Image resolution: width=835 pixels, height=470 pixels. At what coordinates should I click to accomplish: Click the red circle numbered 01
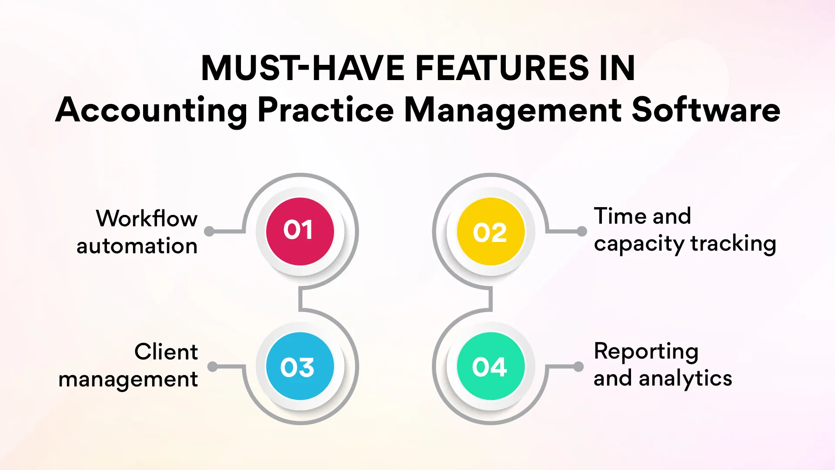tap(300, 231)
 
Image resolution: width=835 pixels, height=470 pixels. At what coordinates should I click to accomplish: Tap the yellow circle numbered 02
tap(491, 232)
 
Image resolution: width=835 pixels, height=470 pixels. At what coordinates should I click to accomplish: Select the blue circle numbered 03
tap(300, 366)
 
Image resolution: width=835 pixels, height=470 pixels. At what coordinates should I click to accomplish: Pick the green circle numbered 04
tap(491, 366)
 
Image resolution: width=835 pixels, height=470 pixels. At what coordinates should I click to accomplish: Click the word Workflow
tap(147, 218)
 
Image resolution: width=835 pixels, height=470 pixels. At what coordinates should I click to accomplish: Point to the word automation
tap(137, 246)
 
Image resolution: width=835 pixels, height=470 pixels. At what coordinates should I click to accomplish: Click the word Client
tap(166, 352)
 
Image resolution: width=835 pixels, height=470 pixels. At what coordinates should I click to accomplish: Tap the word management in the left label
tap(128, 379)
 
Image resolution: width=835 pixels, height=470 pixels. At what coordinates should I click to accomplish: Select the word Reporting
tap(646, 352)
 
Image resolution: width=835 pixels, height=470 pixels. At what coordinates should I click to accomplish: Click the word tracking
tap(733, 244)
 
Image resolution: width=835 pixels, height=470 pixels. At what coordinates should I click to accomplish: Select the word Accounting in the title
tap(151, 110)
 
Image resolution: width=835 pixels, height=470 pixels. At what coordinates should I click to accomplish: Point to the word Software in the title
tap(705, 110)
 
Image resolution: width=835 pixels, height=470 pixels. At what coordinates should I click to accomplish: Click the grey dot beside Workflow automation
tap(209, 231)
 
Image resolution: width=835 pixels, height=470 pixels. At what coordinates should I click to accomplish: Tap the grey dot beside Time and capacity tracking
tap(581, 232)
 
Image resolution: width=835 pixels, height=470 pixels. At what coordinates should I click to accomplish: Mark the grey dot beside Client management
tap(212, 366)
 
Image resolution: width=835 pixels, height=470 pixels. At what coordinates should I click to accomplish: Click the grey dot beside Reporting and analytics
tap(578, 366)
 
